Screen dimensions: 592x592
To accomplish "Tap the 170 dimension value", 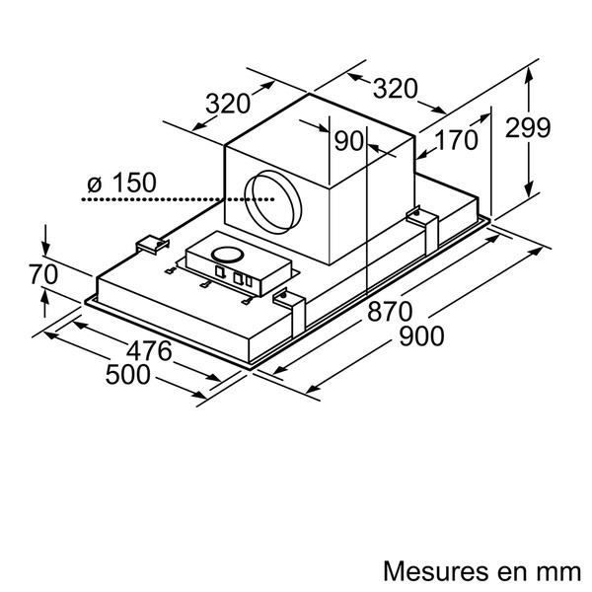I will [455, 141].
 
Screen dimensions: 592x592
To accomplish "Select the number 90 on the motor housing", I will [349, 141].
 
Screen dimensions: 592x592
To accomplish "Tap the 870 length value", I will [390, 312].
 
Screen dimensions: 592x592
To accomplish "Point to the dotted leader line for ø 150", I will [168, 199].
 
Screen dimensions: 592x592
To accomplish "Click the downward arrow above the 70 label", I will [45, 241].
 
